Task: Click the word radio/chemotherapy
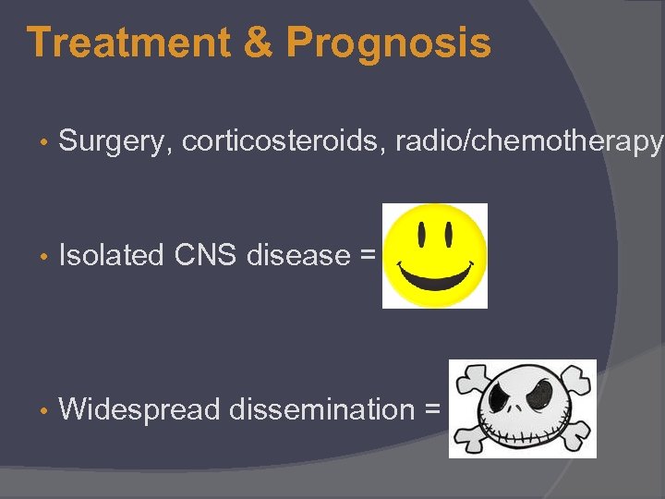coord(528,141)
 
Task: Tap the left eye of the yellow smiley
coord(422,237)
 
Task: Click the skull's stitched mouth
coord(525,433)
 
